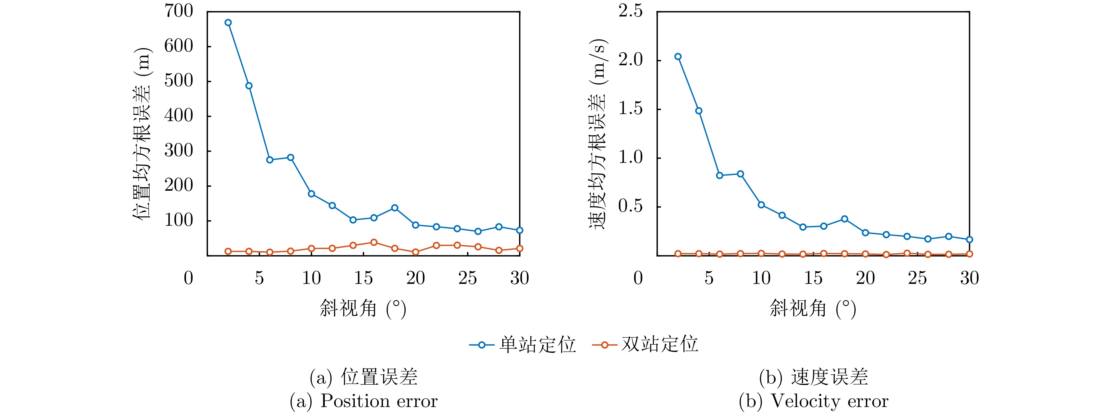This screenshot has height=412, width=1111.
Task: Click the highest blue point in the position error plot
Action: [228, 22]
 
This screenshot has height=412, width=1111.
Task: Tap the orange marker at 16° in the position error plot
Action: [374, 242]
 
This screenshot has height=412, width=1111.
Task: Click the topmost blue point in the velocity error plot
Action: [678, 56]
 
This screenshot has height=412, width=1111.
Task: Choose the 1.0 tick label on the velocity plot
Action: [630, 158]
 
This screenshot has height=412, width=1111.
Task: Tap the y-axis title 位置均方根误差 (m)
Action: [142, 134]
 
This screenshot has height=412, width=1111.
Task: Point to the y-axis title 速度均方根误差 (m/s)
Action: [598, 134]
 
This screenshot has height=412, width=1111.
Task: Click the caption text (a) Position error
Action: [364, 401]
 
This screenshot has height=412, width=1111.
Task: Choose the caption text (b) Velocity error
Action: [814, 401]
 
